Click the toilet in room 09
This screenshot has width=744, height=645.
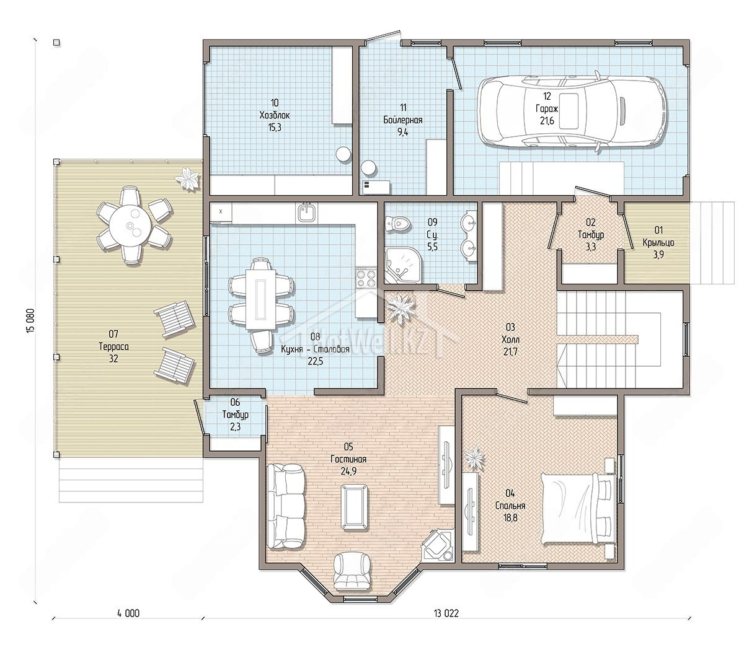pyautogui.click(x=398, y=224)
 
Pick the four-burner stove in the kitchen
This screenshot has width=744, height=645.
pyautogui.click(x=366, y=278)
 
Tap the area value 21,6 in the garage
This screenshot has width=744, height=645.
pyautogui.click(x=547, y=121)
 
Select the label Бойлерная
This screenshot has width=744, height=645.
pyautogui.click(x=402, y=120)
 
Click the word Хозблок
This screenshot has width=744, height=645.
pyautogui.click(x=275, y=116)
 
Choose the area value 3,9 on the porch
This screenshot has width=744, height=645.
pyautogui.click(x=658, y=255)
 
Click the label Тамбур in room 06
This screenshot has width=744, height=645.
pyautogui.click(x=235, y=415)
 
